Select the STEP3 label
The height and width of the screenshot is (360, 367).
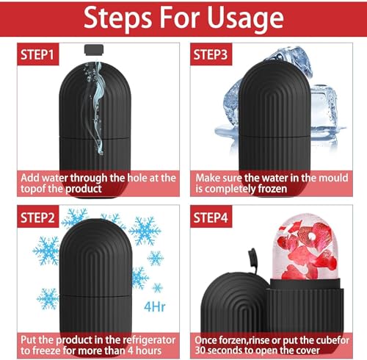click(x=214, y=54)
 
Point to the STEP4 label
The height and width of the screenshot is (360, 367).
click(x=214, y=218)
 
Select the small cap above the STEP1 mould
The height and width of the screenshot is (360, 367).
click(x=92, y=51)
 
